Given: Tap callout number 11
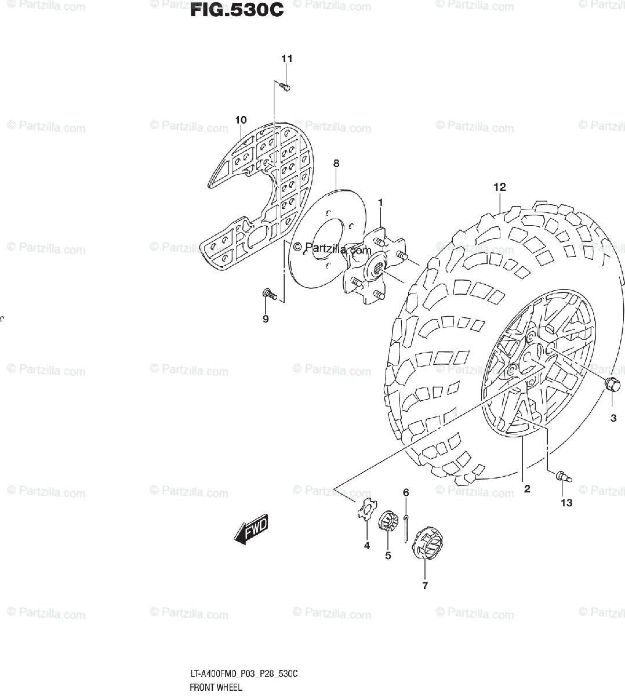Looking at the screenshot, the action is coord(286,59).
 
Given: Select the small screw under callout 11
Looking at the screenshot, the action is coord(284,86).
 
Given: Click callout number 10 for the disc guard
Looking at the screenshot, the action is coord(241,120).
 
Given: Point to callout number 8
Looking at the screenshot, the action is coord(336,164).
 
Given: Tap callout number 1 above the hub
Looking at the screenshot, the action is coord(380,202).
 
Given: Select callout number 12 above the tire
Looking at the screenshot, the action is coord(500,187).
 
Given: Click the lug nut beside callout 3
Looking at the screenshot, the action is coord(611,384).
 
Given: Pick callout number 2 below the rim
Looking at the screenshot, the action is coord(527,489).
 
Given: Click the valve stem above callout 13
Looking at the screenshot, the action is coord(563,476).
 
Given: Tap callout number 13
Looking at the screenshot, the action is coord(566,503).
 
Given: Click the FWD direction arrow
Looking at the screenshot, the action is coord(251,531).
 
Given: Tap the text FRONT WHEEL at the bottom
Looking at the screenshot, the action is coord(215,688).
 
